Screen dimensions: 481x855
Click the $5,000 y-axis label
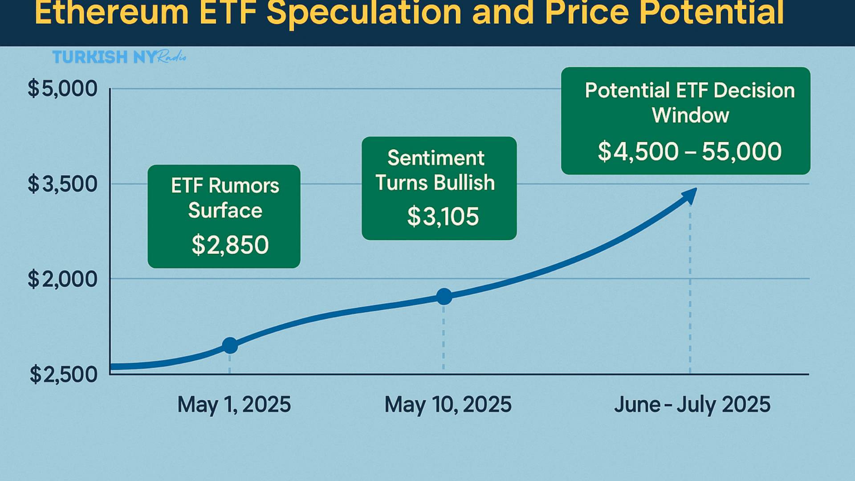click(62, 89)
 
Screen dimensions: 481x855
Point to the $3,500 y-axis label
click(62, 183)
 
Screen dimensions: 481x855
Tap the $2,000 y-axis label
click(62, 279)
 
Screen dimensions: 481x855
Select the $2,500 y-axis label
click(63, 375)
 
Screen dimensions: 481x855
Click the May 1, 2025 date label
click(234, 405)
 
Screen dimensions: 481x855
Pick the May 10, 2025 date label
click(448, 405)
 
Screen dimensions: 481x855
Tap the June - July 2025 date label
click(692, 405)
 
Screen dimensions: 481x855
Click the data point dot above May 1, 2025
click(230, 345)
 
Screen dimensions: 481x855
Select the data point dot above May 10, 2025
click(444, 296)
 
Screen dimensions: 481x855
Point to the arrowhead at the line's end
click(690, 195)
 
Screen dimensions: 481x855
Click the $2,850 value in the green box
click(230, 245)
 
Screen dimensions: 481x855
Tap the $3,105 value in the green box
click(443, 217)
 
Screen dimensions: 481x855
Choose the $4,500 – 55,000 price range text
click(689, 151)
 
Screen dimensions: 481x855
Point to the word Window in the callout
click(690, 115)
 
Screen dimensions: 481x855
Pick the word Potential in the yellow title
click(711, 13)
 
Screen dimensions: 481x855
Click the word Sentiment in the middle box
click(436, 158)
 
